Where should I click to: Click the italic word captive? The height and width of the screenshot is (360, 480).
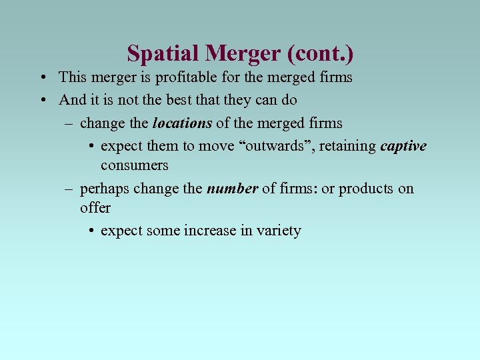click(403, 145)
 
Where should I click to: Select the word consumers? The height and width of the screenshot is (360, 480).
click(134, 165)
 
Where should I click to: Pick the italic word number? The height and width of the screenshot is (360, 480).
click(232, 188)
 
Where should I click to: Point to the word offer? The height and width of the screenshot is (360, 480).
click(95, 207)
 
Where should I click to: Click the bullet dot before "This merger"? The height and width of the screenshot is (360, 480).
click(42, 78)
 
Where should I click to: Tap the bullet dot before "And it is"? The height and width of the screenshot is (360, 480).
click(42, 101)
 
